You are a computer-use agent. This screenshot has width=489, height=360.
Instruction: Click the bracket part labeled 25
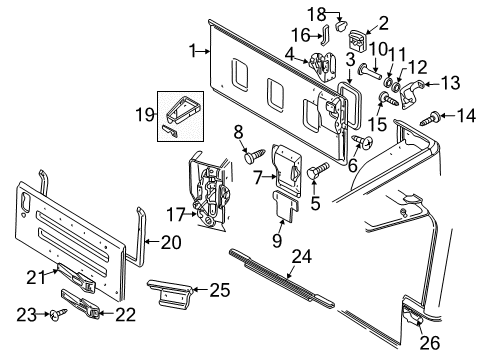tap(173, 294)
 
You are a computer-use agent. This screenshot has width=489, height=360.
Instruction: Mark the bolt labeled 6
tap(359, 141)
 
